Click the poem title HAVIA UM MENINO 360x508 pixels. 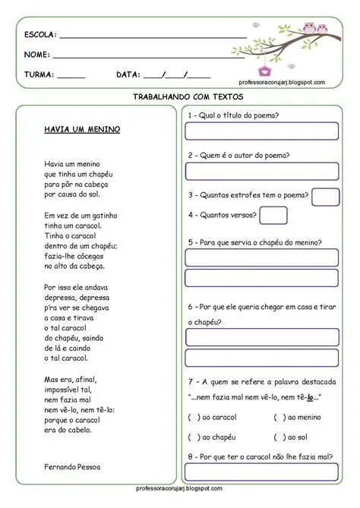[x=82, y=129]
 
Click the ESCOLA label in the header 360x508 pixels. [x=39, y=35]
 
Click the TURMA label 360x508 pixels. [x=39, y=74]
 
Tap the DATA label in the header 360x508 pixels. [x=128, y=74]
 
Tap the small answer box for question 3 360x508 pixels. [x=325, y=196]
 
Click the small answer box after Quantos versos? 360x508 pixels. [x=273, y=215]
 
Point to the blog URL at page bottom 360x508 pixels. [x=179, y=488]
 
